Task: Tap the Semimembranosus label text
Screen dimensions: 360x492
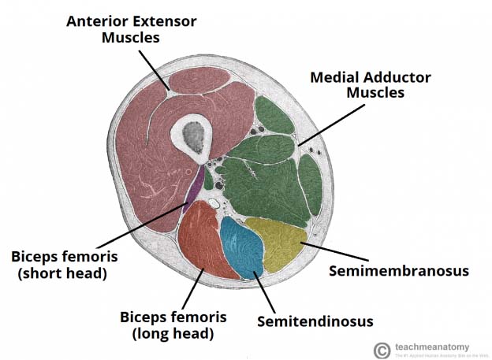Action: coord(398,271)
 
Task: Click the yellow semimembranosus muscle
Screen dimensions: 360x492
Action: coord(276,244)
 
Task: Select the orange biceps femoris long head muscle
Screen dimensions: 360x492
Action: coord(203,240)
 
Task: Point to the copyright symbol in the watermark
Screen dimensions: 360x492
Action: coord(382,350)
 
